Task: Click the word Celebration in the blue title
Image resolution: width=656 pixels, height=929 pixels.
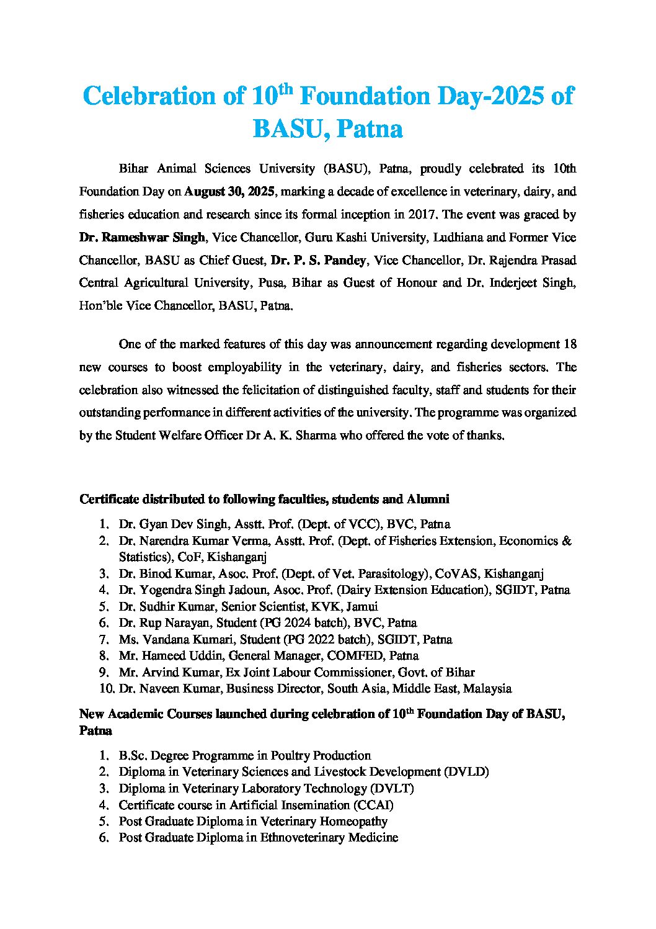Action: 157,97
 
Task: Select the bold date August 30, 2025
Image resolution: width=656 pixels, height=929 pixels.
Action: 229,192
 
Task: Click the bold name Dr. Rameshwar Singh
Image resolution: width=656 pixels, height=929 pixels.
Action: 142,238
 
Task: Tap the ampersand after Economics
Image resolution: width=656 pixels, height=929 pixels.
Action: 566,541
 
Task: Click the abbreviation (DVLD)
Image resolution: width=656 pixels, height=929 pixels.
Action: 466,772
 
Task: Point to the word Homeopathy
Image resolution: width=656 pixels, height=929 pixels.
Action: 353,822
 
